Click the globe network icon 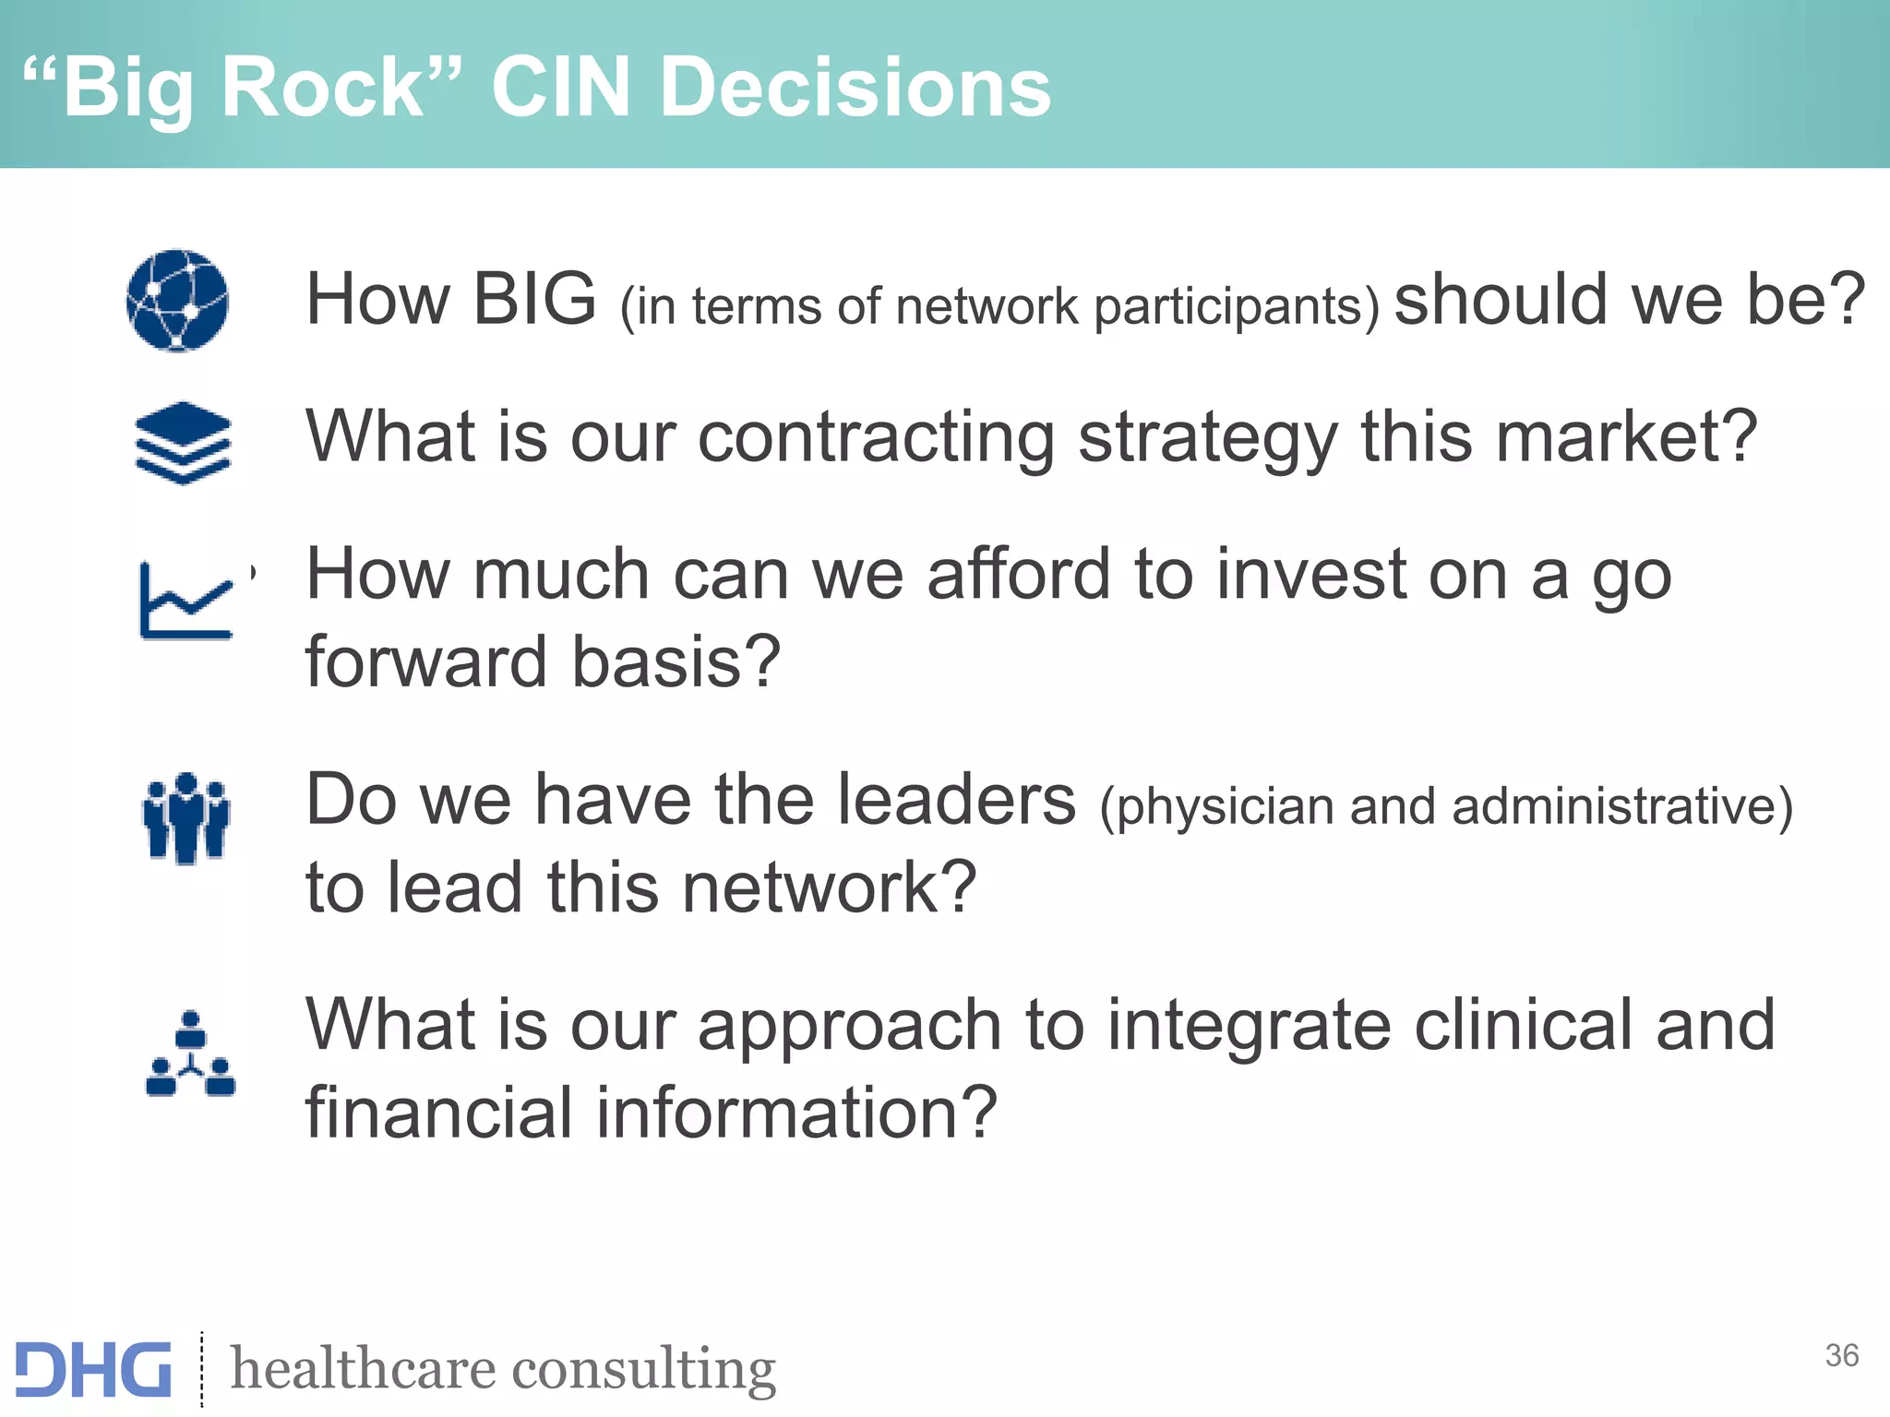(177, 301)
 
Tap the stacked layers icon (183, 443)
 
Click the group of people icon (186, 818)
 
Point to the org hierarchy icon (190, 1054)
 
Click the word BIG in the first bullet (534, 299)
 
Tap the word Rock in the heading (322, 87)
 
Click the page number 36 (1841, 1355)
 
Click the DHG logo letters (93, 1369)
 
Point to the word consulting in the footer (643, 1369)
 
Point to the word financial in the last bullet (437, 1113)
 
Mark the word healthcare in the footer (359, 1369)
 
